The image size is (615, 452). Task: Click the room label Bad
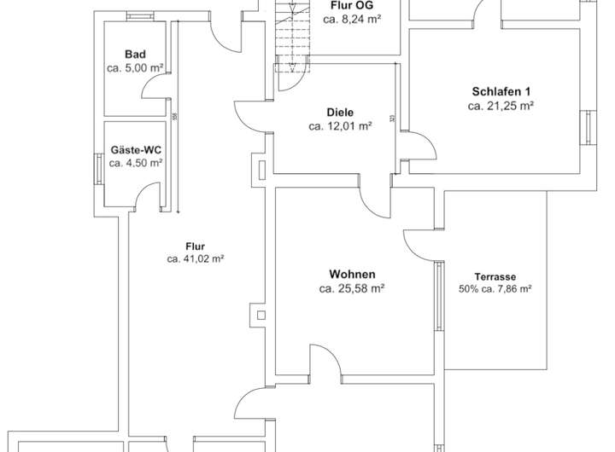(135, 54)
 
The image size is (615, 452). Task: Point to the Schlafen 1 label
(501, 92)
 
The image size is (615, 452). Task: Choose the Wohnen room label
(351, 275)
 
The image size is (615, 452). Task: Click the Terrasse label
(495, 276)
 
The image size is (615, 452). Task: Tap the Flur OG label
(350, 4)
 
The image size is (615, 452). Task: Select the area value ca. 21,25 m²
(501, 107)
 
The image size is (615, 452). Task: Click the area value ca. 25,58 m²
(351, 289)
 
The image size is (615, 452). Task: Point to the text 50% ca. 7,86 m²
(495, 289)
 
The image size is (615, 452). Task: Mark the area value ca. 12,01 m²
(339, 126)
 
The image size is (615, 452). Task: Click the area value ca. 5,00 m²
(135, 67)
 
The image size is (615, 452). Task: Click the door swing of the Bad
(155, 85)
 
